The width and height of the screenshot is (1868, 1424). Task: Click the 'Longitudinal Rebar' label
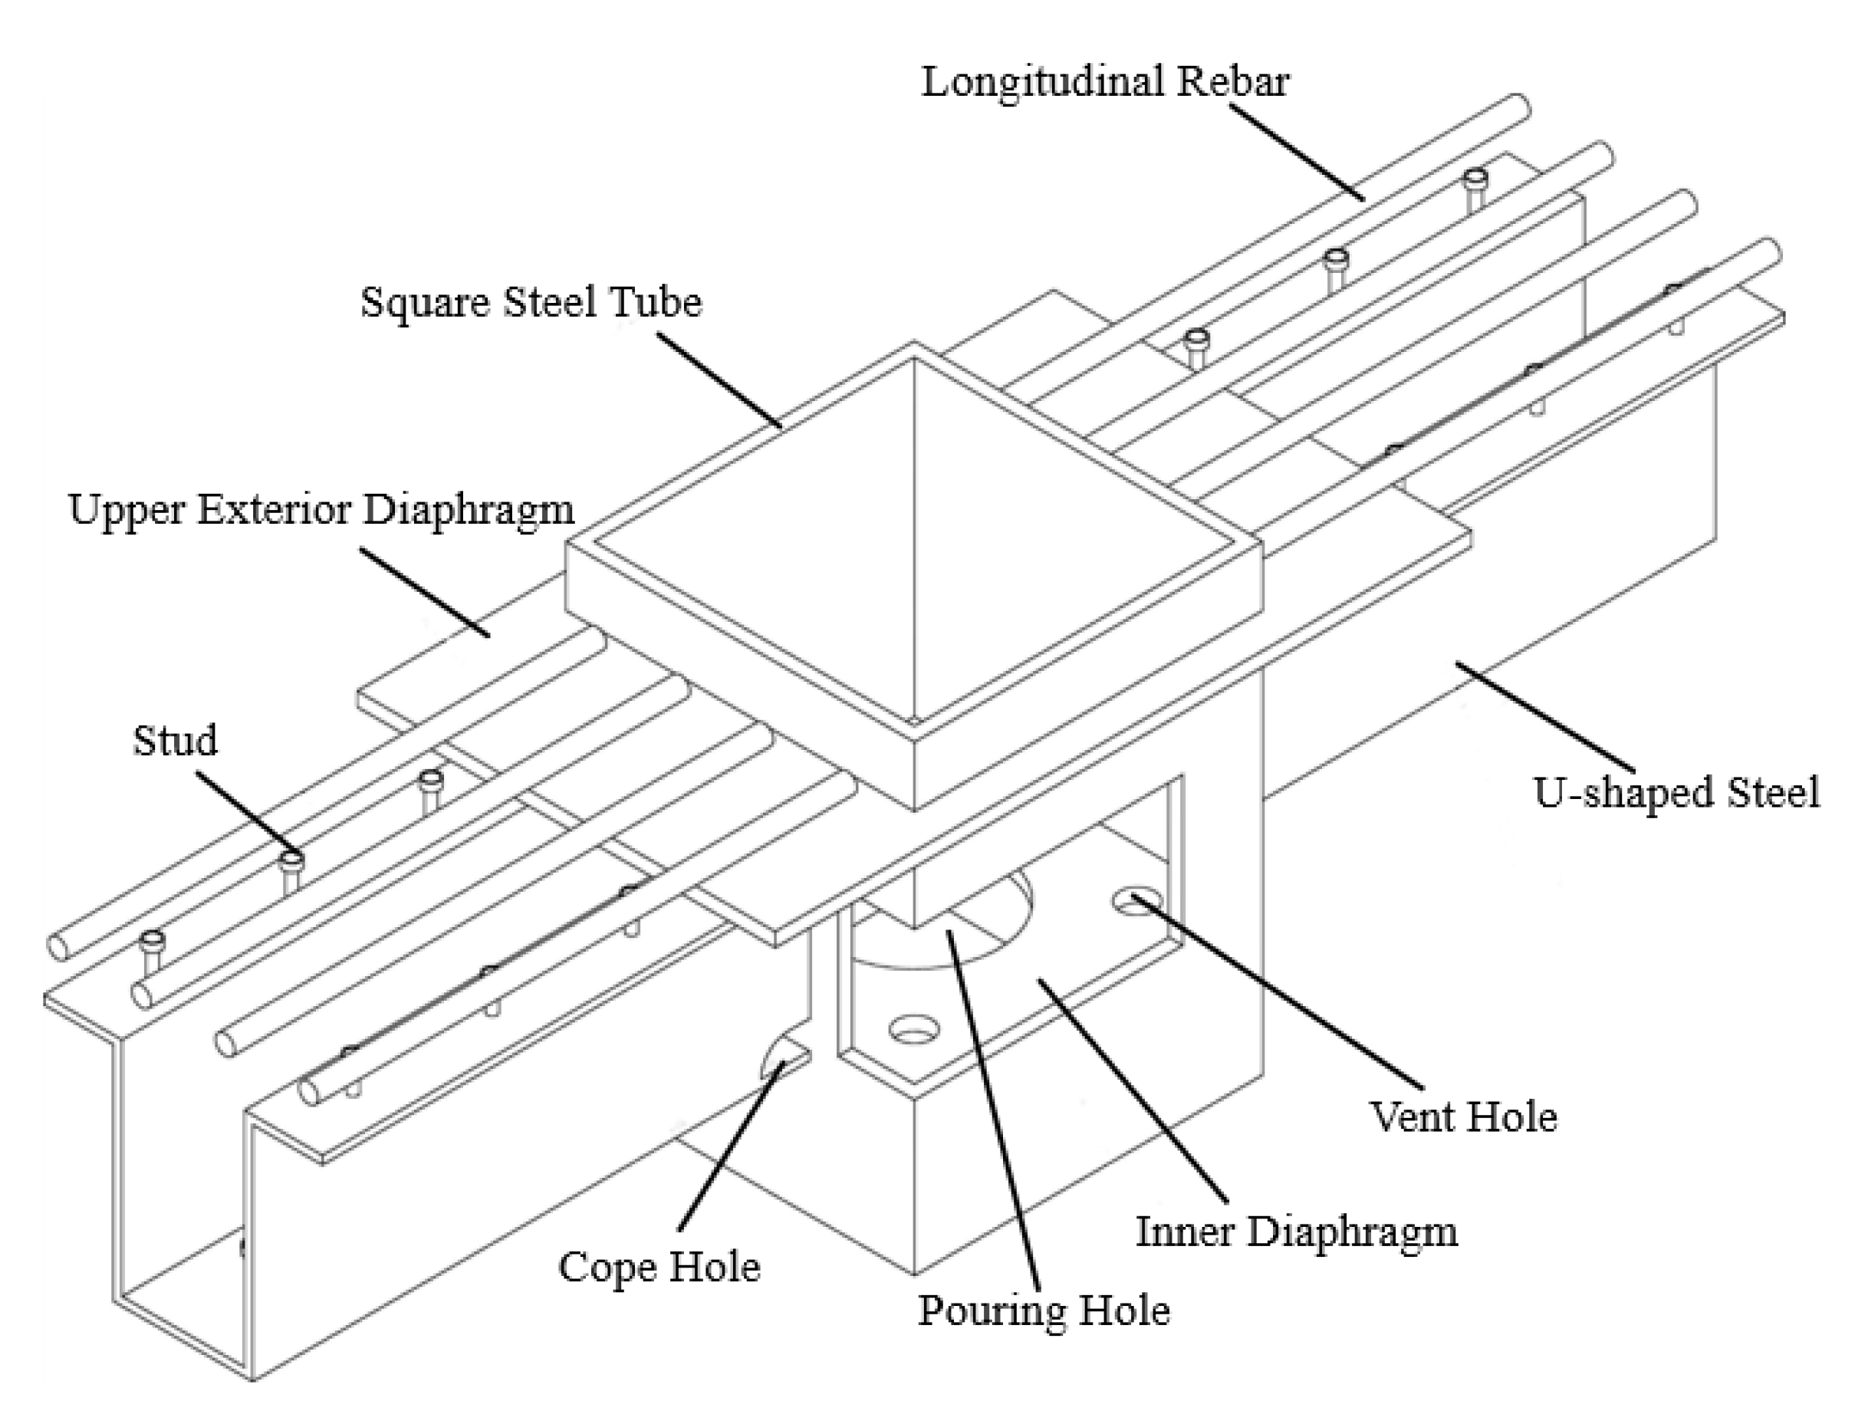[1104, 83]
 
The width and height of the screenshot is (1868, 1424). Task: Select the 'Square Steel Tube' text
[531, 303]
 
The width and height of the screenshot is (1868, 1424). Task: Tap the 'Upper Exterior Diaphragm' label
[321, 510]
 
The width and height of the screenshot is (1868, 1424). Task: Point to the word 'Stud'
[176, 741]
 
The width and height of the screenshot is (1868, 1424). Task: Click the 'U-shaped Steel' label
[1676, 794]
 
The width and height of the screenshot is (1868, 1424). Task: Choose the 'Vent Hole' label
[1464, 1117]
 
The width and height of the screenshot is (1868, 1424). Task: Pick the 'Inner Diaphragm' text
[1296, 1232]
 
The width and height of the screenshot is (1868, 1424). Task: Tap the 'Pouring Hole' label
[1044, 1311]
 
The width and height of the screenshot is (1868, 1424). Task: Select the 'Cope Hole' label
[659, 1268]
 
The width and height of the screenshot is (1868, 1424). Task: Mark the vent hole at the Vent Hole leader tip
[1136, 902]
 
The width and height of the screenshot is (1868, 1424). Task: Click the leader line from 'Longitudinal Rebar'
[1297, 153]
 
